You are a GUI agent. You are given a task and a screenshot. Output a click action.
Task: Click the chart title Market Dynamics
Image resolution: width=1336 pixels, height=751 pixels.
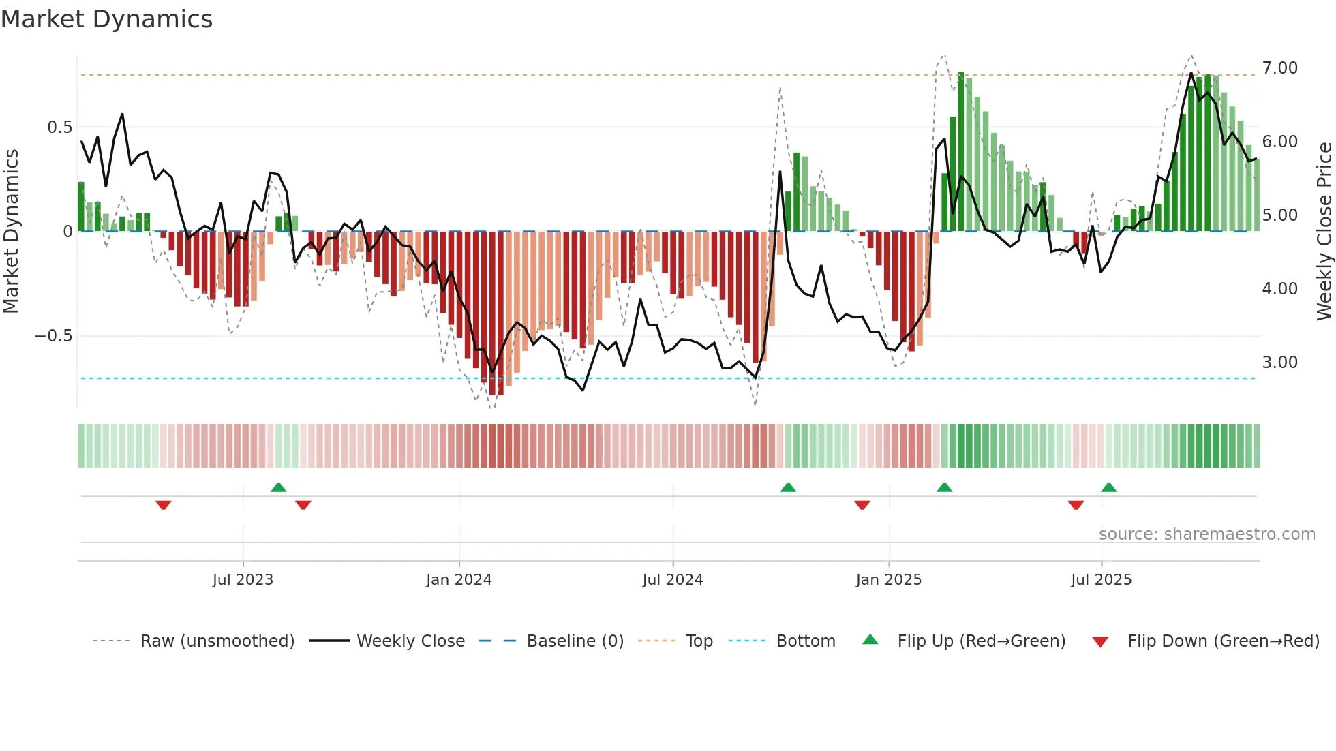[x=107, y=19]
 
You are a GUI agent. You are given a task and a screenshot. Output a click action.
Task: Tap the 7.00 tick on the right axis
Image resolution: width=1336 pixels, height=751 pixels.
[x=1279, y=68]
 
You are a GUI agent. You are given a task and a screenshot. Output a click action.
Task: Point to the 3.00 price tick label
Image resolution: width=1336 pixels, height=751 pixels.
[x=1279, y=363]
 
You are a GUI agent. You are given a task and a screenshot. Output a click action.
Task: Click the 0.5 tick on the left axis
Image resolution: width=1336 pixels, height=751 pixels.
[x=59, y=127]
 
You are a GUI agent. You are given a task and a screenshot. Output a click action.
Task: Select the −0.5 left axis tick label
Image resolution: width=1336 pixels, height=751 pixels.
[x=53, y=336]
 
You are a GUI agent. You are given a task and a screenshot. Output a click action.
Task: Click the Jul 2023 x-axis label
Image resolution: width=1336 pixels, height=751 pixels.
[x=243, y=580]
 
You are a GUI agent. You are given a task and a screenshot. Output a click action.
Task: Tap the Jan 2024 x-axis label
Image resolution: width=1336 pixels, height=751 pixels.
[x=459, y=580]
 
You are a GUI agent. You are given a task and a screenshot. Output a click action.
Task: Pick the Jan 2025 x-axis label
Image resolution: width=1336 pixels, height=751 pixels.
[x=888, y=580]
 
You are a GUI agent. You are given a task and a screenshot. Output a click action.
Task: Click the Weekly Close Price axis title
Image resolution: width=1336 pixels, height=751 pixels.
[x=1324, y=232]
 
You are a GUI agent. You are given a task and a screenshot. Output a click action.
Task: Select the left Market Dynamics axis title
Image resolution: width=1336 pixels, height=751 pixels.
[x=11, y=232]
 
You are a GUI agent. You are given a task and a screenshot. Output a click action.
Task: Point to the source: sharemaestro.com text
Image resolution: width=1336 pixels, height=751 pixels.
[x=1206, y=534]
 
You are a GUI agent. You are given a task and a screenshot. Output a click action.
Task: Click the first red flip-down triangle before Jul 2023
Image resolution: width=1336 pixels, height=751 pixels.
[x=163, y=505]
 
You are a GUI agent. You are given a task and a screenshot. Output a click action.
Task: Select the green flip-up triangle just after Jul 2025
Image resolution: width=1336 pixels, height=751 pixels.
[x=1108, y=487]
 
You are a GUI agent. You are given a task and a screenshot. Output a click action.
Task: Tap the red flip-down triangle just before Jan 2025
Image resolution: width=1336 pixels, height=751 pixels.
[x=862, y=505]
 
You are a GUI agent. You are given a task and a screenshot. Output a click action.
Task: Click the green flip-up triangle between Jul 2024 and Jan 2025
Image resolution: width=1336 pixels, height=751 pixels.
[x=788, y=487]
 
